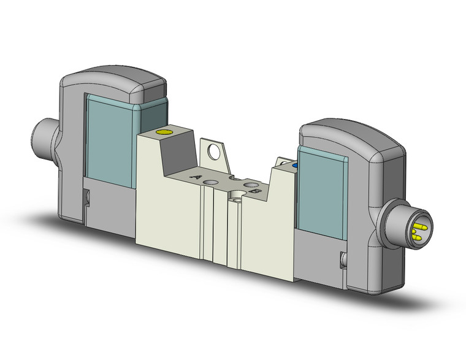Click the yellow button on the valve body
point(164,132)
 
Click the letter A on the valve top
point(197,176)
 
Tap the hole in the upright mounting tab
point(215,151)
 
